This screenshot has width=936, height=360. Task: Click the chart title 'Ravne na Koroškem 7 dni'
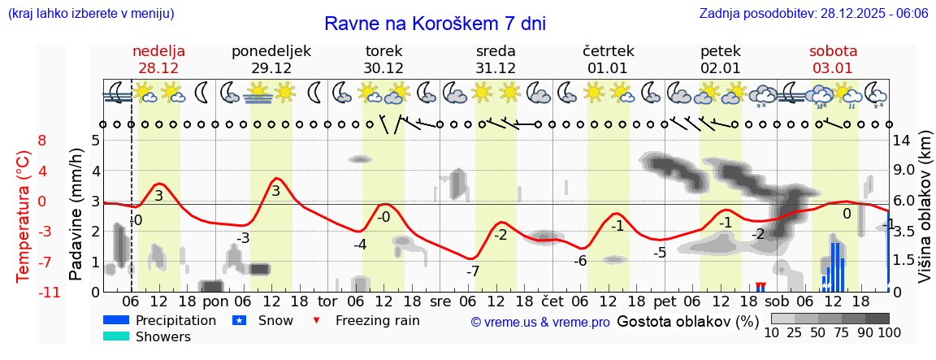(x=435, y=24)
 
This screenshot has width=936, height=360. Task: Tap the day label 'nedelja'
(x=159, y=51)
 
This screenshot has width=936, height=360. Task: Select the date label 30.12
(x=383, y=68)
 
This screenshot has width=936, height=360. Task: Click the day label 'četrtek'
(x=609, y=51)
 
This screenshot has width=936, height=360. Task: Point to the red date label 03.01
(x=833, y=68)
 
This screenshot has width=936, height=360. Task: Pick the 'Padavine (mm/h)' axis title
(x=76, y=215)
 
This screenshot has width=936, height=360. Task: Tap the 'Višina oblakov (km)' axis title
(x=925, y=215)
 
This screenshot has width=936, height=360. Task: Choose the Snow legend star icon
(x=239, y=320)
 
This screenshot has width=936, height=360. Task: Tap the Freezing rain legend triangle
(x=317, y=320)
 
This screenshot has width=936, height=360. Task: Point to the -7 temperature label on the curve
(x=472, y=271)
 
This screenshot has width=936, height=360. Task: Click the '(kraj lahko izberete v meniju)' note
(x=90, y=14)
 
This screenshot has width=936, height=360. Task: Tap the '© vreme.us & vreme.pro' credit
(x=539, y=322)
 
